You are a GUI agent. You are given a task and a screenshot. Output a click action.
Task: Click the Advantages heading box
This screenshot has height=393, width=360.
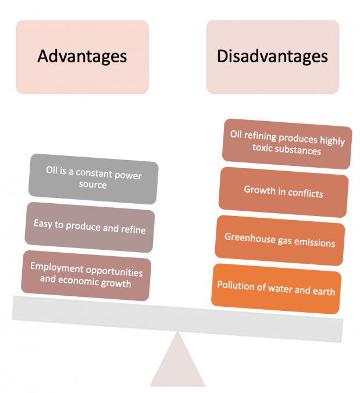tap(83, 57)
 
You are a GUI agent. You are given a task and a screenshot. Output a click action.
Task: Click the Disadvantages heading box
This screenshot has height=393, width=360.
tap(273, 57)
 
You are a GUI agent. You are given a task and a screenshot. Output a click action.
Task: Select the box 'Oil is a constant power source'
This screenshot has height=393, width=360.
tap(93, 179)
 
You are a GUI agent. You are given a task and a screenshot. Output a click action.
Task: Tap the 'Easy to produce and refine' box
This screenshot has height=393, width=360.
tap(90, 227)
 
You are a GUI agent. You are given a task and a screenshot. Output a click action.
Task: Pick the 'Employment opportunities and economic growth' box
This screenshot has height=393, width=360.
tap(86, 275)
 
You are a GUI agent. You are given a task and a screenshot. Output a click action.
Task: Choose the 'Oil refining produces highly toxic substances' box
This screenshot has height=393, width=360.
tap(287, 144)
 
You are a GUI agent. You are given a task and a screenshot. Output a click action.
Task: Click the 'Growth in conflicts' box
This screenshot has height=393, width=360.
tap(283, 192)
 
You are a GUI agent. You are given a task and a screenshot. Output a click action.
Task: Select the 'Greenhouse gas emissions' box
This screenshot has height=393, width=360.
tap(280, 240)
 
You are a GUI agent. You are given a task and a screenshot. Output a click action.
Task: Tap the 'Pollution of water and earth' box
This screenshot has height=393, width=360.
tap(276, 289)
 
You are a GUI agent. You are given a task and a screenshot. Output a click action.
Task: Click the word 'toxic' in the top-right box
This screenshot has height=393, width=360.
tap(262, 147)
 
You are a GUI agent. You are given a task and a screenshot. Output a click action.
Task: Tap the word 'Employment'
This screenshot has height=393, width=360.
tap(57, 267)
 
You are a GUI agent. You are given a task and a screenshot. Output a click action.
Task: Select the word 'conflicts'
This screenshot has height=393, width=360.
tap(305, 193)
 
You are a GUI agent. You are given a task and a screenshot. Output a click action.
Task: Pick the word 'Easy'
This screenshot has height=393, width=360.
tap(43, 224)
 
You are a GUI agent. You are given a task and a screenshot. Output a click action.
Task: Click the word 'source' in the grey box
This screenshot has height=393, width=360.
tap(93, 185)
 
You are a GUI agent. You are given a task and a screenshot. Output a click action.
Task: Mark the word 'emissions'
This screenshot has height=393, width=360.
tap(315, 242)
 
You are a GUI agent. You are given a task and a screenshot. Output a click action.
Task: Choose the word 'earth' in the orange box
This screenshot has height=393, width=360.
tap(324, 291)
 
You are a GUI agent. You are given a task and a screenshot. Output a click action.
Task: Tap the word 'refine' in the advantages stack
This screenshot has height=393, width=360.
tap(133, 229)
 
